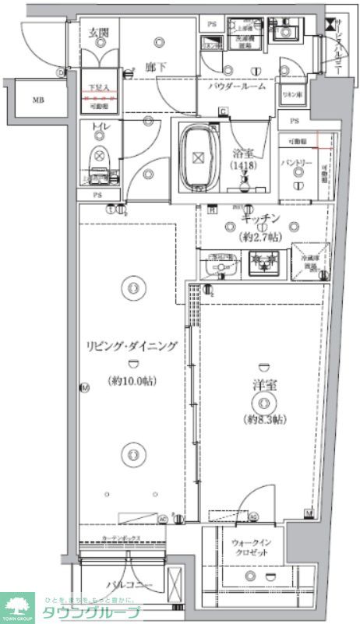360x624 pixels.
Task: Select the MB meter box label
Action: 38,100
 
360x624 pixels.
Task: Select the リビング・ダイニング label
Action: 130,347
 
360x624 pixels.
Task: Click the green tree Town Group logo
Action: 18,605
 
